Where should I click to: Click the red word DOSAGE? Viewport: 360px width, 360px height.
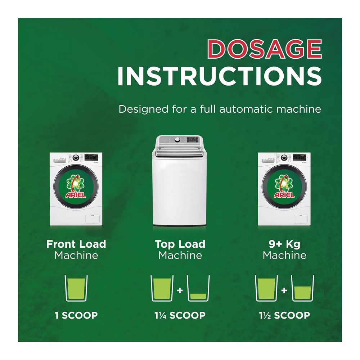[265, 49]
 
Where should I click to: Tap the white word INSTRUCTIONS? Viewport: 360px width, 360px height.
[220, 76]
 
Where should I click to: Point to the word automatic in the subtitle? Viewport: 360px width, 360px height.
[246, 109]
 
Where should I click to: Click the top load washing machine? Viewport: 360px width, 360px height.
[179, 181]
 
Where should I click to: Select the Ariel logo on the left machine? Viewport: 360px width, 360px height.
[76, 186]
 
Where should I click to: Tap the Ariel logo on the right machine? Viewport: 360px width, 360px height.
[284, 186]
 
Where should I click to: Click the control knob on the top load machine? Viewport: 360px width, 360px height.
[177, 140]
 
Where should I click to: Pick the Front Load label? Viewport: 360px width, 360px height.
[76, 244]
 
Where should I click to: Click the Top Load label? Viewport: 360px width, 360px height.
[180, 244]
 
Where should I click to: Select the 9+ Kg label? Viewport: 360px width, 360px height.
[284, 244]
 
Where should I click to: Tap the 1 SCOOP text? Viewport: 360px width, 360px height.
[76, 315]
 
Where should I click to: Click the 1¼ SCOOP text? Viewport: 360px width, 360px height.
[180, 315]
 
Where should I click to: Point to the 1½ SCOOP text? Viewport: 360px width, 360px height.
[284, 315]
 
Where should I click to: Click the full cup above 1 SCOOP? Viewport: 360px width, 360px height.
[76, 288]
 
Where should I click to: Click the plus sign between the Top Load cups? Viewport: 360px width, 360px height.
[180, 291]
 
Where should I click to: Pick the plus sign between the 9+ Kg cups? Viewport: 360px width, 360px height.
[284, 291]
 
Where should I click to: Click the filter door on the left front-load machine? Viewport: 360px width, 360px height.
[93, 219]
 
